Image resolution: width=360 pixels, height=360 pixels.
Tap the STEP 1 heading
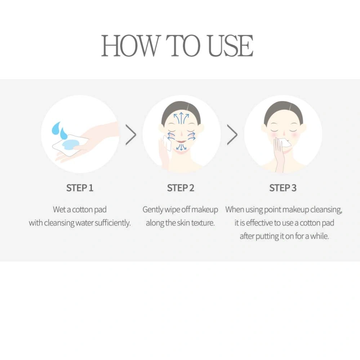tap(80, 188)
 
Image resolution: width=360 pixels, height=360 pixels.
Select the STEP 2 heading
tap(181, 188)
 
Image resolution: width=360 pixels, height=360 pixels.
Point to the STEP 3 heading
tap(283, 188)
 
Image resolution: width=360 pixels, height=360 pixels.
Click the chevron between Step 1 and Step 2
tap(131, 135)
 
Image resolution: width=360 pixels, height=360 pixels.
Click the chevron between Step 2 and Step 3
tap(232, 135)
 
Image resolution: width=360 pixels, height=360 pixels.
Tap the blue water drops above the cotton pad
tap(59, 131)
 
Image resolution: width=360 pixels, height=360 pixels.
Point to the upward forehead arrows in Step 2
tap(181, 118)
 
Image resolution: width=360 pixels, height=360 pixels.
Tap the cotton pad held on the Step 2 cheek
tap(167, 143)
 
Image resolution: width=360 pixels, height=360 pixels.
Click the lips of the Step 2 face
tap(181, 141)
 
